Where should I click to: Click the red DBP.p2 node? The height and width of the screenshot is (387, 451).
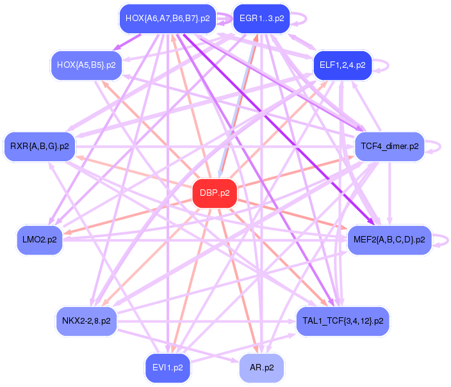[x=215, y=193]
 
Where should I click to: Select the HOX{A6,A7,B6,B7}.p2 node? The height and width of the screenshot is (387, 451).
[x=167, y=19]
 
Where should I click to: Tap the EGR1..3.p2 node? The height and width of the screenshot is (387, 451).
[x=261, y=19]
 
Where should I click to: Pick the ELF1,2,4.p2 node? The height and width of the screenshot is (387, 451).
[x=342, y=65]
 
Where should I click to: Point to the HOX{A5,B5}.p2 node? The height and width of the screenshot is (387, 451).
[x=86, y=65]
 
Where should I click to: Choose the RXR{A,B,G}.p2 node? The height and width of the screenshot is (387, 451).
[x=40, y=146]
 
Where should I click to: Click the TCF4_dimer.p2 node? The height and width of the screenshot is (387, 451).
[x=389, y=146]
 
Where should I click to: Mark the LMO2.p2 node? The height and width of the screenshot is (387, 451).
[x=40, y=240]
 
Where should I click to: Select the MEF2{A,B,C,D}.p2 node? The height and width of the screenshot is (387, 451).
[x=389, y=240]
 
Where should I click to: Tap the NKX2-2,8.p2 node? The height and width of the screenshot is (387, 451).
[x=86, y=320]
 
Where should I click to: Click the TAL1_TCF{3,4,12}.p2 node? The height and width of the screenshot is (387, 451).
[x=342, y=320]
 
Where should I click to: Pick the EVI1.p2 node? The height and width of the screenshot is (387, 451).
[x=167, y=368]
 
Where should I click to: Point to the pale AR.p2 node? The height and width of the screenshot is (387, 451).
[x=261, y=368]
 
